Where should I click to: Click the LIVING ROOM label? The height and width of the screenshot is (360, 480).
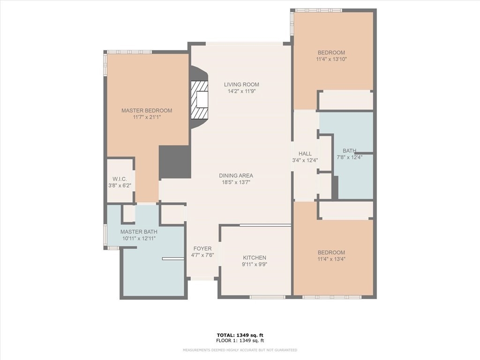(x=241, y=84)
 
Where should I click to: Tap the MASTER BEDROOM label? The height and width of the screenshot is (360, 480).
(x=147, y=111)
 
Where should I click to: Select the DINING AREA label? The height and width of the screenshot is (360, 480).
(x=236, y=176)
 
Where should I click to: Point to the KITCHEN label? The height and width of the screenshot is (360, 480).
(x=255, y=258)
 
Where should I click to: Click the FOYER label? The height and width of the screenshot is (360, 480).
(x=202, y=248)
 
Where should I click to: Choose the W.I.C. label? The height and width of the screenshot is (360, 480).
(x=120, y=179)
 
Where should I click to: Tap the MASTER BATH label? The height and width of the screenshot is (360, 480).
(x=139, y=232)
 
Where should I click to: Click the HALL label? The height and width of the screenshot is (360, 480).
(x=305, y=154)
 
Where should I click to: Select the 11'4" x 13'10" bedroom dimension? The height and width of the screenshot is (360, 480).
(x=331, y=60)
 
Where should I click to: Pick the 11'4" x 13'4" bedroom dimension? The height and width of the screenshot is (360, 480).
(x=331, y=259)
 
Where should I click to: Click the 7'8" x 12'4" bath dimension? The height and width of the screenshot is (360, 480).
(x=350, y=157)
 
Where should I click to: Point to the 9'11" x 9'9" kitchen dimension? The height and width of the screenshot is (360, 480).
(x=255, y=264)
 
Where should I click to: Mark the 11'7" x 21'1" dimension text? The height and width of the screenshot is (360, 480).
(x=147, y=117)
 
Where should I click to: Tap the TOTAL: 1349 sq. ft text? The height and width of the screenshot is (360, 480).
(x=240, y=335)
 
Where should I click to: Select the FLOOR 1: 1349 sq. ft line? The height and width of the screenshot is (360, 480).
(x=240, y=340)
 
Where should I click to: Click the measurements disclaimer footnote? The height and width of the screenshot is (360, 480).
(x=240, y=350)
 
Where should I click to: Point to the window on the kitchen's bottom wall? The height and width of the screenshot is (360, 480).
(x=268, y=297)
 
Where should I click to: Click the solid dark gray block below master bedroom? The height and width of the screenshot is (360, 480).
(x=175, y=162)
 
